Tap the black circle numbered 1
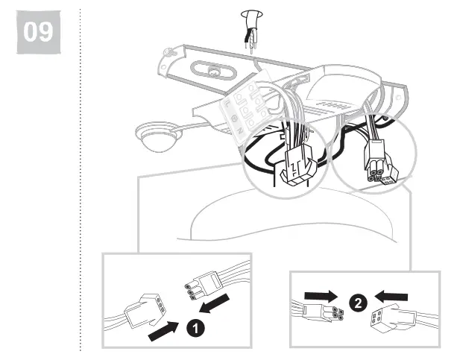click(193, 326)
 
